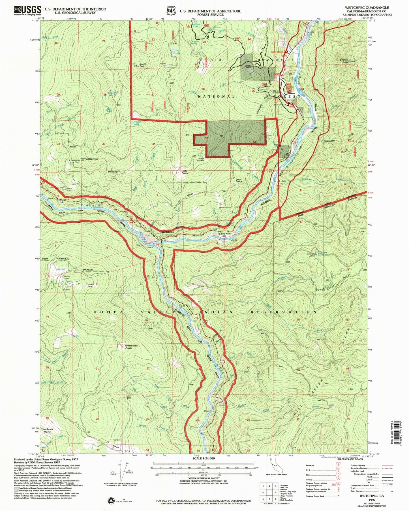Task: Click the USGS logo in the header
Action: pyautogui.click(x=27, y=10)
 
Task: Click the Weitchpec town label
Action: pyautogui.click(x=168, y=232)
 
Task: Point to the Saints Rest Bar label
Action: pyautogui.click(x=225, y=235)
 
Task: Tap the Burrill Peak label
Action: pyautogui.click(x=142, y=65)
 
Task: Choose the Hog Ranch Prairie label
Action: pyautogui.click(x=48, y=430)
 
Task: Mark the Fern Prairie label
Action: pyautogui.click(x=200, y=160)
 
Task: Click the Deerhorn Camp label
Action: pyautogui.click(x=311, y=254)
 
